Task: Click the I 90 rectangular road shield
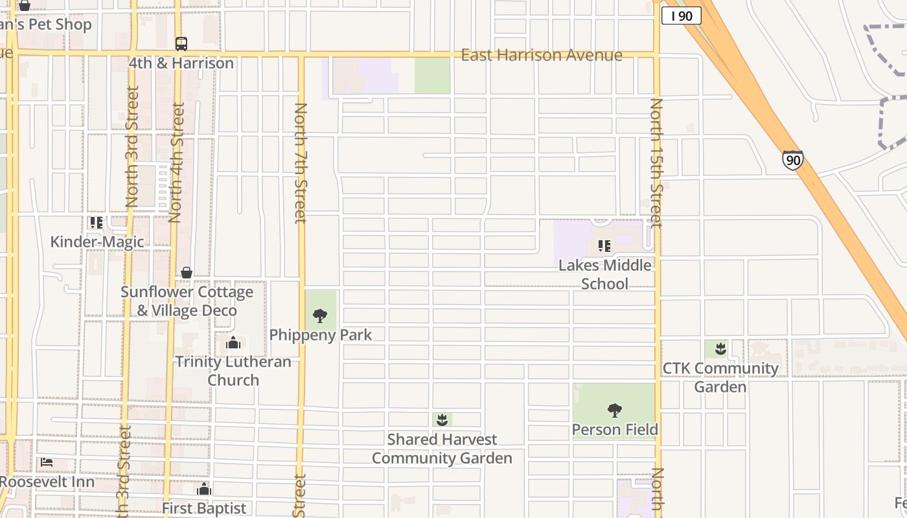pos(681,16)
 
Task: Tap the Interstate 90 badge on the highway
pos(792,160)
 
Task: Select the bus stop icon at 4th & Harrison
pos(181,44)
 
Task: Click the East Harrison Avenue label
pos(542,55)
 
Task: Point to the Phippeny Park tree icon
pos(319,316)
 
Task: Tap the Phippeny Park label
pos(321,335)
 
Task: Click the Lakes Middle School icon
pos(604,246)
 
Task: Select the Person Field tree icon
pos(614,410)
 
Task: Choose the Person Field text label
pos(615,429)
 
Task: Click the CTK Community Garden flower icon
pos(720,350)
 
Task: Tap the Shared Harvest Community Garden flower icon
pos(442,420)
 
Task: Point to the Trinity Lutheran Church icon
pos(233,343)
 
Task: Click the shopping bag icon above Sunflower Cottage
pos(187,273)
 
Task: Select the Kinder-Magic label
pos(97,242)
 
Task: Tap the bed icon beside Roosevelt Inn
pos(47,462)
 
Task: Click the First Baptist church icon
pos(204,490)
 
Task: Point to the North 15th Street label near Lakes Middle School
pos(656,163)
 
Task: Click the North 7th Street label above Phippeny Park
pos(301,163)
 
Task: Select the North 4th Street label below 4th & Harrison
pos(175,162)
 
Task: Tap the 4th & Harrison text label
pos(181,63)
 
